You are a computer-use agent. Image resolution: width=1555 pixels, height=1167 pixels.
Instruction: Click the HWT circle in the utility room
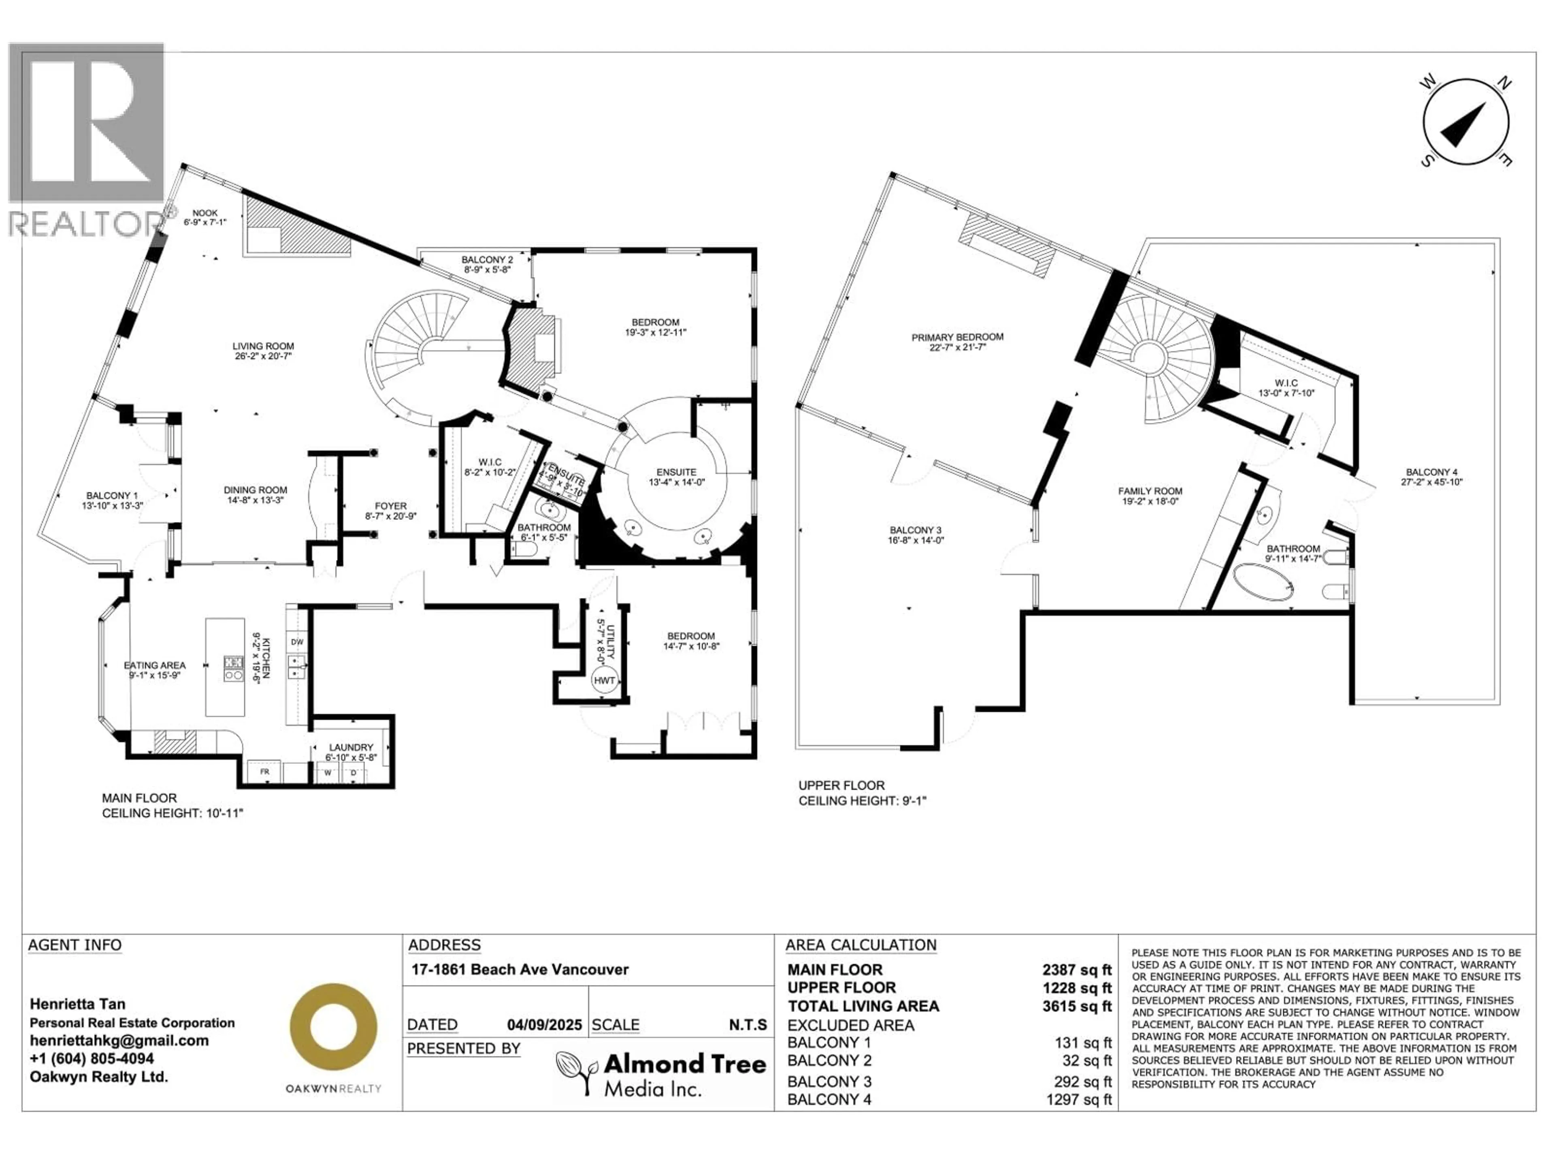tap(604, 680)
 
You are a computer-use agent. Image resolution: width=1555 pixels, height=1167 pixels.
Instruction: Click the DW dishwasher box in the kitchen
tap(297, 641)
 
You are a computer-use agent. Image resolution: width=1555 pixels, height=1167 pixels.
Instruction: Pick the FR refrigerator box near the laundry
tap(265, 772)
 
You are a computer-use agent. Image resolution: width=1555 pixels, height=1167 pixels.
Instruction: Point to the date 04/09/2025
tap(544, 1025)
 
